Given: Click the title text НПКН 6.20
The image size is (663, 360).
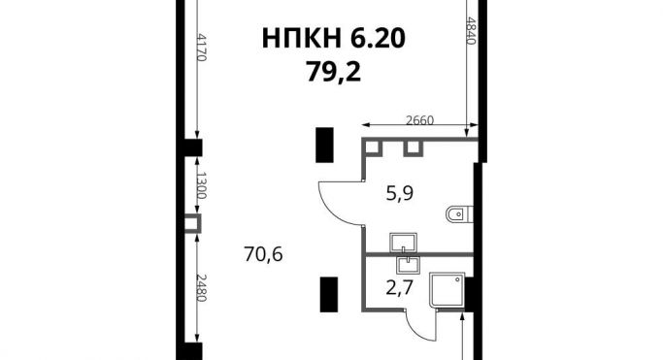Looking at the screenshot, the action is (334, 39).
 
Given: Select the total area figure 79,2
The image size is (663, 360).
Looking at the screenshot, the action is (334, 72).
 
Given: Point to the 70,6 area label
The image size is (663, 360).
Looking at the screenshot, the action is (263, 255).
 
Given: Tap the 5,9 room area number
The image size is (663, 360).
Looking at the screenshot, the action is (400, 194).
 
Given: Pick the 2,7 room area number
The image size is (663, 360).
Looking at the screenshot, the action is (400, 288).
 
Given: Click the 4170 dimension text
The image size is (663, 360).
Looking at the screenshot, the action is (201, 47).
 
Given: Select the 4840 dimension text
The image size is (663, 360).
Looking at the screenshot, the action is (471, 30).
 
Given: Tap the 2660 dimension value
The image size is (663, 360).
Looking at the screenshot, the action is (419, 120).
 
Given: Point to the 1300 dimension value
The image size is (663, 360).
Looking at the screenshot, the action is (201, 185).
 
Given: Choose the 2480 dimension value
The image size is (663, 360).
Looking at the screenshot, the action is (201, 288).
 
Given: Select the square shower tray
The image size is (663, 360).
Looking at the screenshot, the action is (448, 290).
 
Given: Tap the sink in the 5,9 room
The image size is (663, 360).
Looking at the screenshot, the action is (403, 243).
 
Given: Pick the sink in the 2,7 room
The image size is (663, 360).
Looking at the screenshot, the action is (408, 265).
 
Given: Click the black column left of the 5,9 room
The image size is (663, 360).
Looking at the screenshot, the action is (325, 145).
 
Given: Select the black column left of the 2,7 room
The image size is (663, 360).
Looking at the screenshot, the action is (329, 295).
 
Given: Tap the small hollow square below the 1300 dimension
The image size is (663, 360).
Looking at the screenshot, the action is (193, 223).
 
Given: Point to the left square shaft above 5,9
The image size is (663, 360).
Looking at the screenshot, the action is (373, 147).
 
